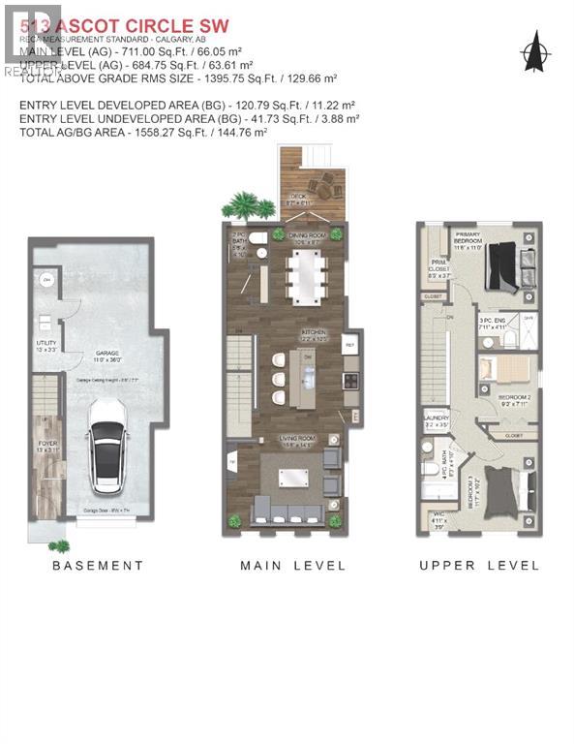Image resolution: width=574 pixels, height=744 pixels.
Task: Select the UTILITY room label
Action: tap(45, 344)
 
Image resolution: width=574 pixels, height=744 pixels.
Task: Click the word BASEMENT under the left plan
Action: tap(98, 566)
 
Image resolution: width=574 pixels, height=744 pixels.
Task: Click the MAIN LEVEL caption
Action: tap(292, 566)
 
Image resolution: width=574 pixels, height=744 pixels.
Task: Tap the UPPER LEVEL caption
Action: tap(479, 566)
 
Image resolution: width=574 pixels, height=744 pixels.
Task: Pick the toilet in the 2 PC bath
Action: tap(257, 238)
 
